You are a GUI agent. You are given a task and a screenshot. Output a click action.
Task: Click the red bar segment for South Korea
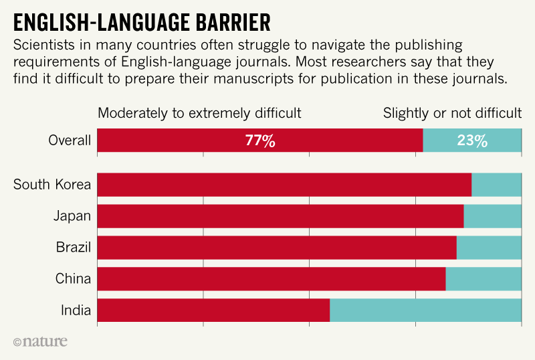(284, 185)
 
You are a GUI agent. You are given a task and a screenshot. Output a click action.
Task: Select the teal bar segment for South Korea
(496, 185)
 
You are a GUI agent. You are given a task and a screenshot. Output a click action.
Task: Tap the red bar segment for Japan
(280, 216)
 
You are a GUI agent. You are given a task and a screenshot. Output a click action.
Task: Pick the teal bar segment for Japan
(492, 216)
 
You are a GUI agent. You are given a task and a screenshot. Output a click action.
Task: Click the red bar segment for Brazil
(277, 248)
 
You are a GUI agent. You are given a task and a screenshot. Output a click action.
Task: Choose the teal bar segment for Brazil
(489, 248)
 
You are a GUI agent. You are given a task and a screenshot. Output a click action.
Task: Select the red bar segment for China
(272, 279)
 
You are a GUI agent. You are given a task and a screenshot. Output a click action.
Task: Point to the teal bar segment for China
(484, 279)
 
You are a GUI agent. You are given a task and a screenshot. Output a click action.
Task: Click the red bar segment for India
(213, 310)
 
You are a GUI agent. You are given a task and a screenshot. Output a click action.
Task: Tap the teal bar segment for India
(425, 310)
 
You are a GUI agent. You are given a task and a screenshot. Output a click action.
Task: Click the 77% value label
(260, 141)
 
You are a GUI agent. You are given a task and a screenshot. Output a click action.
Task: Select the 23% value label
(471, 141)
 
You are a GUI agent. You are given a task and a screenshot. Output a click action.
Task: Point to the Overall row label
(70, 141)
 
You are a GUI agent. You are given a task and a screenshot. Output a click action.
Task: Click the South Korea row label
(52, 185)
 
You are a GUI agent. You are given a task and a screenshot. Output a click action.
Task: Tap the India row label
(76, 310)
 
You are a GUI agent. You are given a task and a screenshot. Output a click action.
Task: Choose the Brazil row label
(74, 248)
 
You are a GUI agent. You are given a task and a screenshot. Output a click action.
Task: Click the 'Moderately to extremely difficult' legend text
(199, 113)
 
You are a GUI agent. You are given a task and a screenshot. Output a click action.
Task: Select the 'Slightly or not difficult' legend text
(452, 113)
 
